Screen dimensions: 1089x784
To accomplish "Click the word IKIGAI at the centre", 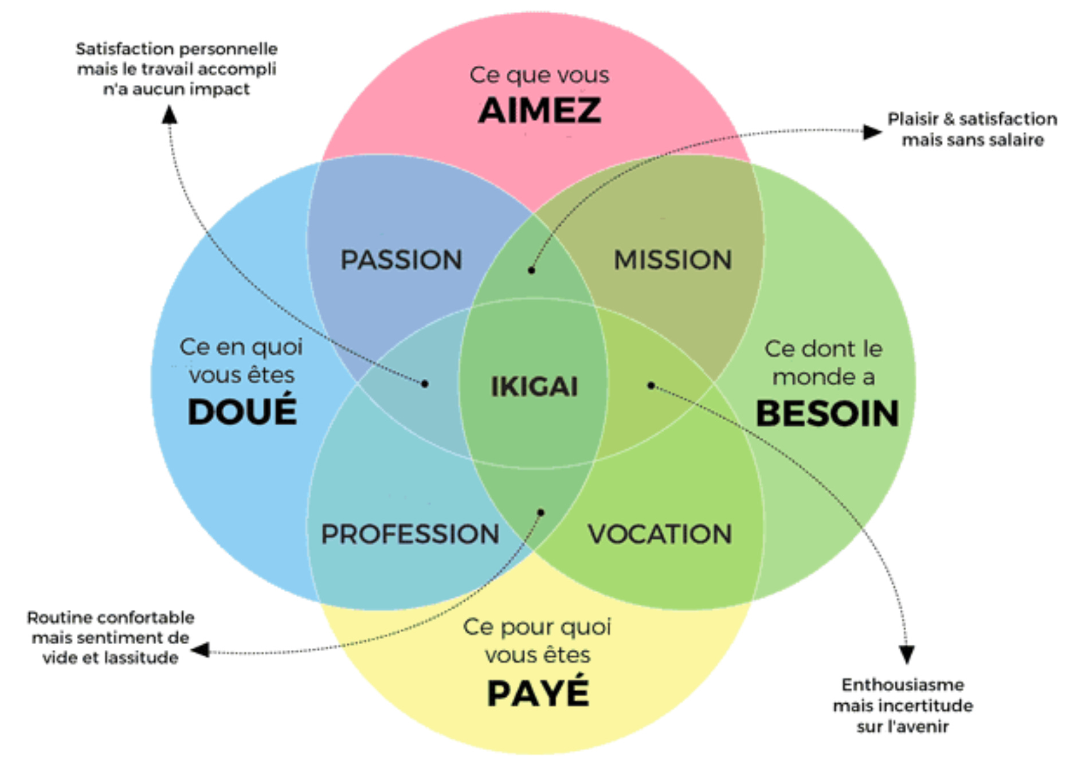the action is (x=534, y=387).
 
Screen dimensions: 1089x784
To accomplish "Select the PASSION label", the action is (x=401, y=260).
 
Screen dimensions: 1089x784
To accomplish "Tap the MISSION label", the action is (x=673, y=260).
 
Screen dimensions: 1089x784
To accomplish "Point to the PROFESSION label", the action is (x=410, y=534).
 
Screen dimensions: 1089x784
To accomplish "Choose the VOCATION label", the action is (x=660, y=534).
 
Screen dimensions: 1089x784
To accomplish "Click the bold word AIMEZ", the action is (x=539, y=111).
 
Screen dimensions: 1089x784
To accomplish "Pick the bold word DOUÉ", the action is (x=242, y=411).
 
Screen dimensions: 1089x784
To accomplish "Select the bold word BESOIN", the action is (x=827, y=413).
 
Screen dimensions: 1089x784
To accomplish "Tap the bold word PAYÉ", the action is (x=538, y=693).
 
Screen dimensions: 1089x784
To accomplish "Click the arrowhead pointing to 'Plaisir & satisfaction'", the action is (x=872, y=132).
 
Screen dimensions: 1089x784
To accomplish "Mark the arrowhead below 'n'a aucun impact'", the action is (x=169, y=115).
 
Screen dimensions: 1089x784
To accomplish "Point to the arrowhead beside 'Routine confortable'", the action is (x=200, y=650).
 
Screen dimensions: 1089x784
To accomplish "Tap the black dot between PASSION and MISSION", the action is (x=531, y=270).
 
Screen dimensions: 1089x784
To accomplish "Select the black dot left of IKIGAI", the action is (x=425, y=384).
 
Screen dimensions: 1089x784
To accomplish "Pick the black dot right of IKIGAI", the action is (x=651, y=385).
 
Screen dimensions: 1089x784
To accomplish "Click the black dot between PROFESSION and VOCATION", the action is (x=540, y=512).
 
